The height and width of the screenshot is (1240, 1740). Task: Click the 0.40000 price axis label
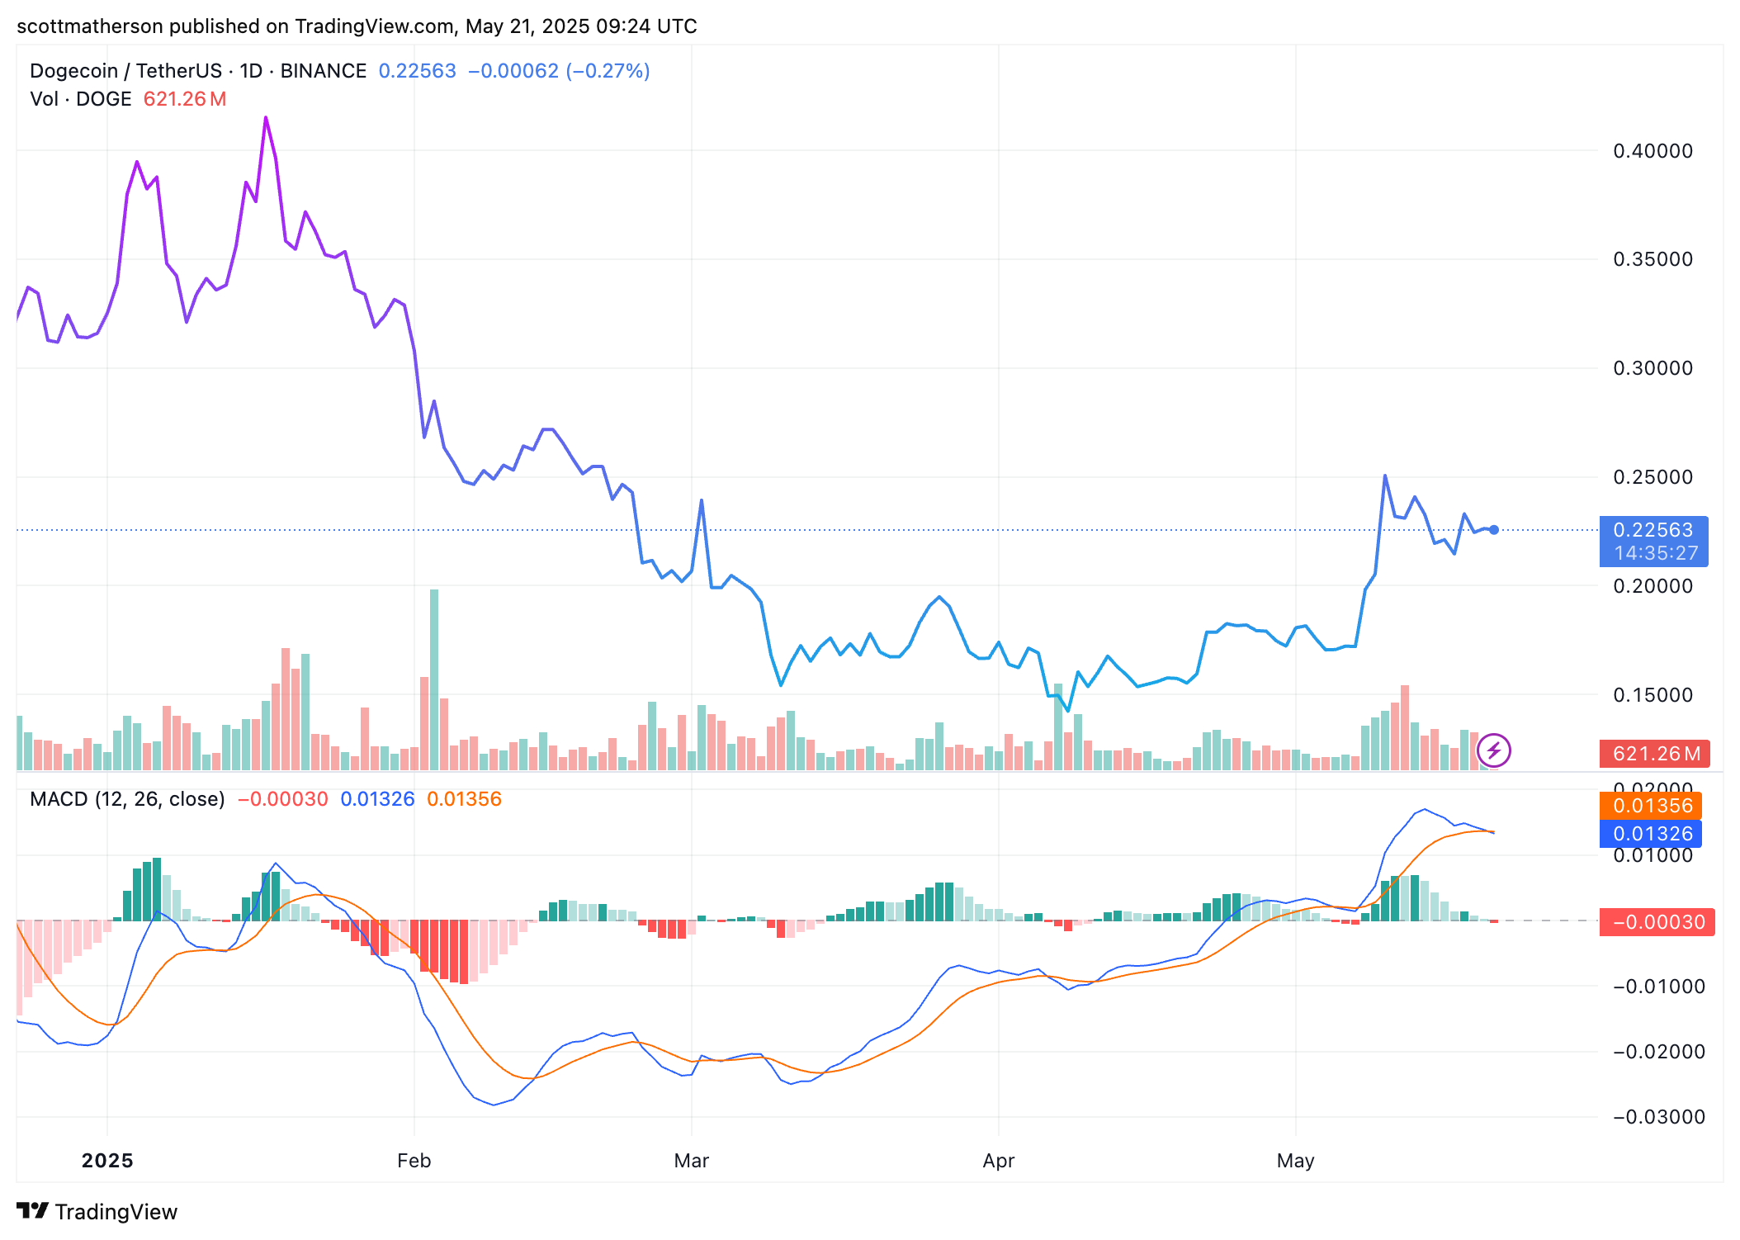(1652, 151)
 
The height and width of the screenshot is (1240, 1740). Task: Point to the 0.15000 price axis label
(1652, 695)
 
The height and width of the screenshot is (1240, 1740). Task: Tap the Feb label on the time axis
(414, 1161)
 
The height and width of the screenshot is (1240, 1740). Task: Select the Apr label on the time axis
(998, 1161)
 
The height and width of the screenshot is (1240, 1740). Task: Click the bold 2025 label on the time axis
(107, 1161)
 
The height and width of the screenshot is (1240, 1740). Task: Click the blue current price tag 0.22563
(1653, 530)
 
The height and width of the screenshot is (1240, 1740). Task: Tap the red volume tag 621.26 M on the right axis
(1654, 754)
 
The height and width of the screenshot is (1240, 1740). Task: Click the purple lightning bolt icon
(1493, 751)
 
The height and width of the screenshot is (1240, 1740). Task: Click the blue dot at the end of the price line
(1494, 530)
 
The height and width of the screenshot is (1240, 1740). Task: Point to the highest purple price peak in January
(266, 118)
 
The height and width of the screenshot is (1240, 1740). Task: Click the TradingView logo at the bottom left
(97, 1211)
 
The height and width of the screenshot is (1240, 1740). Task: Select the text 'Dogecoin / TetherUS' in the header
(125, 71)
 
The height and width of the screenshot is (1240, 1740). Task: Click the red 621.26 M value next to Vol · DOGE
(184, 99)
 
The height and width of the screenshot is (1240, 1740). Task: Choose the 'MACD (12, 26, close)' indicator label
(127, 799)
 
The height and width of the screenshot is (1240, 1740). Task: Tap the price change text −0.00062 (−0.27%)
(559, 71)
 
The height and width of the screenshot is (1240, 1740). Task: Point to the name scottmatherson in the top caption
(89, 26)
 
